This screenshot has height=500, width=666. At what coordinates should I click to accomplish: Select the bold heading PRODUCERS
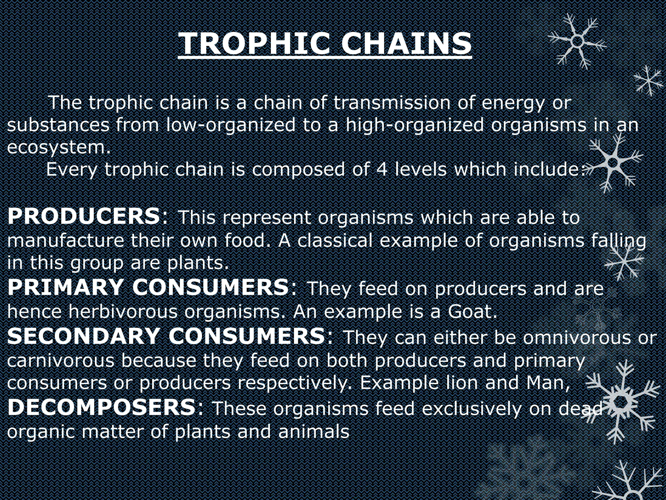pos(84,216)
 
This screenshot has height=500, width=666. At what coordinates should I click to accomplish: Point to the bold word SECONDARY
pos(84,336)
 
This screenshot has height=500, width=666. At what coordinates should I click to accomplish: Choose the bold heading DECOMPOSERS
pos(101,407)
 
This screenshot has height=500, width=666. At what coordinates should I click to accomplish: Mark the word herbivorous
pos(123,312)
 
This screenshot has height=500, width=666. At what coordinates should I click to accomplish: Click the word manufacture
pos(65,241)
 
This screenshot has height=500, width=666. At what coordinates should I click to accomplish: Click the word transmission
pos(392,103)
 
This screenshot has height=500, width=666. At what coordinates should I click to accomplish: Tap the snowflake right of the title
pos(577,41)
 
